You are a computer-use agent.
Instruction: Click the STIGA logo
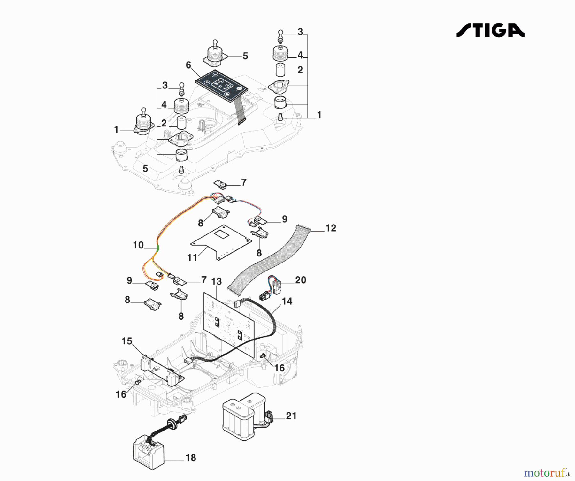[490, 31]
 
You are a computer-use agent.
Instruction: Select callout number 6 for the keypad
[188, 65]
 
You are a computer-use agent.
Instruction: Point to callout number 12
[331, 228]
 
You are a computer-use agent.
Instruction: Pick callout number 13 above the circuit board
[216, 282]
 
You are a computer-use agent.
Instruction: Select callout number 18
[191, 458]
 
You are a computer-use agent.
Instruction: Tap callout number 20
[301, 280]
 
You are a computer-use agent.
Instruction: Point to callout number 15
[127, 341]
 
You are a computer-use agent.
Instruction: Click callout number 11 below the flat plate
[192, 257]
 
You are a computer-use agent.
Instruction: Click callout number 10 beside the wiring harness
[138, 245]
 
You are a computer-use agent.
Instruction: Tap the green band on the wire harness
[157, 247]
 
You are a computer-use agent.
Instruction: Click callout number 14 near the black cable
[287, 301]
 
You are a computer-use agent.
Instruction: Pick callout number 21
[291, 416]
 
